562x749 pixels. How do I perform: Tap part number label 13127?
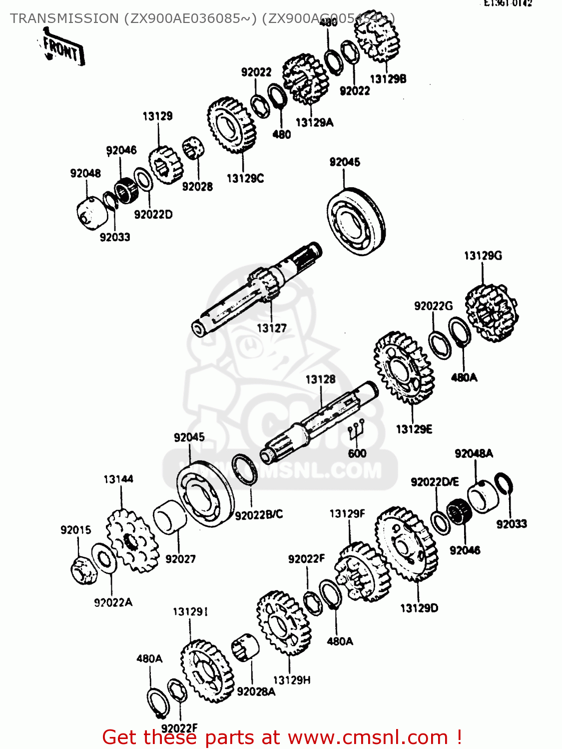tap(272, 328)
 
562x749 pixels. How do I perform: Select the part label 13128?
tap(320, 379)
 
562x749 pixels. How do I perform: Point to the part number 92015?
tap(76, 530)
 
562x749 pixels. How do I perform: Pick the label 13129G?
tap(483, 256)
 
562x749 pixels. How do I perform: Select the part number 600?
tap(357, 453)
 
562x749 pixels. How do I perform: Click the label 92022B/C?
tap(259, 514)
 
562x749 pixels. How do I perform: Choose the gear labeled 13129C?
tap(231, 125)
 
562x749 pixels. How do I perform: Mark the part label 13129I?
tap(190, 612)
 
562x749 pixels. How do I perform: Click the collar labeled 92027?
tap(169, 517)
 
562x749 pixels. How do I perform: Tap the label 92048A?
tap(473, 453)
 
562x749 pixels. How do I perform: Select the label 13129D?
tap(419, 608)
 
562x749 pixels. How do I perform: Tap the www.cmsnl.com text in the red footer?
tap(368, 737)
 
